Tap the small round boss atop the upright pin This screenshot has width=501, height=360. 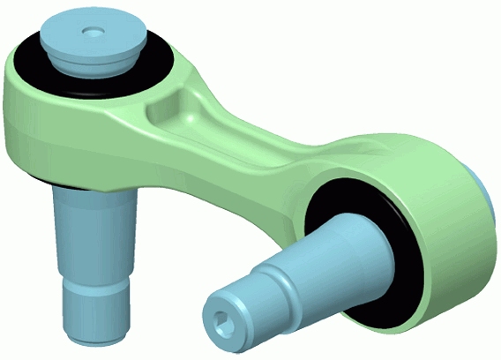[x=92, y=32]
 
